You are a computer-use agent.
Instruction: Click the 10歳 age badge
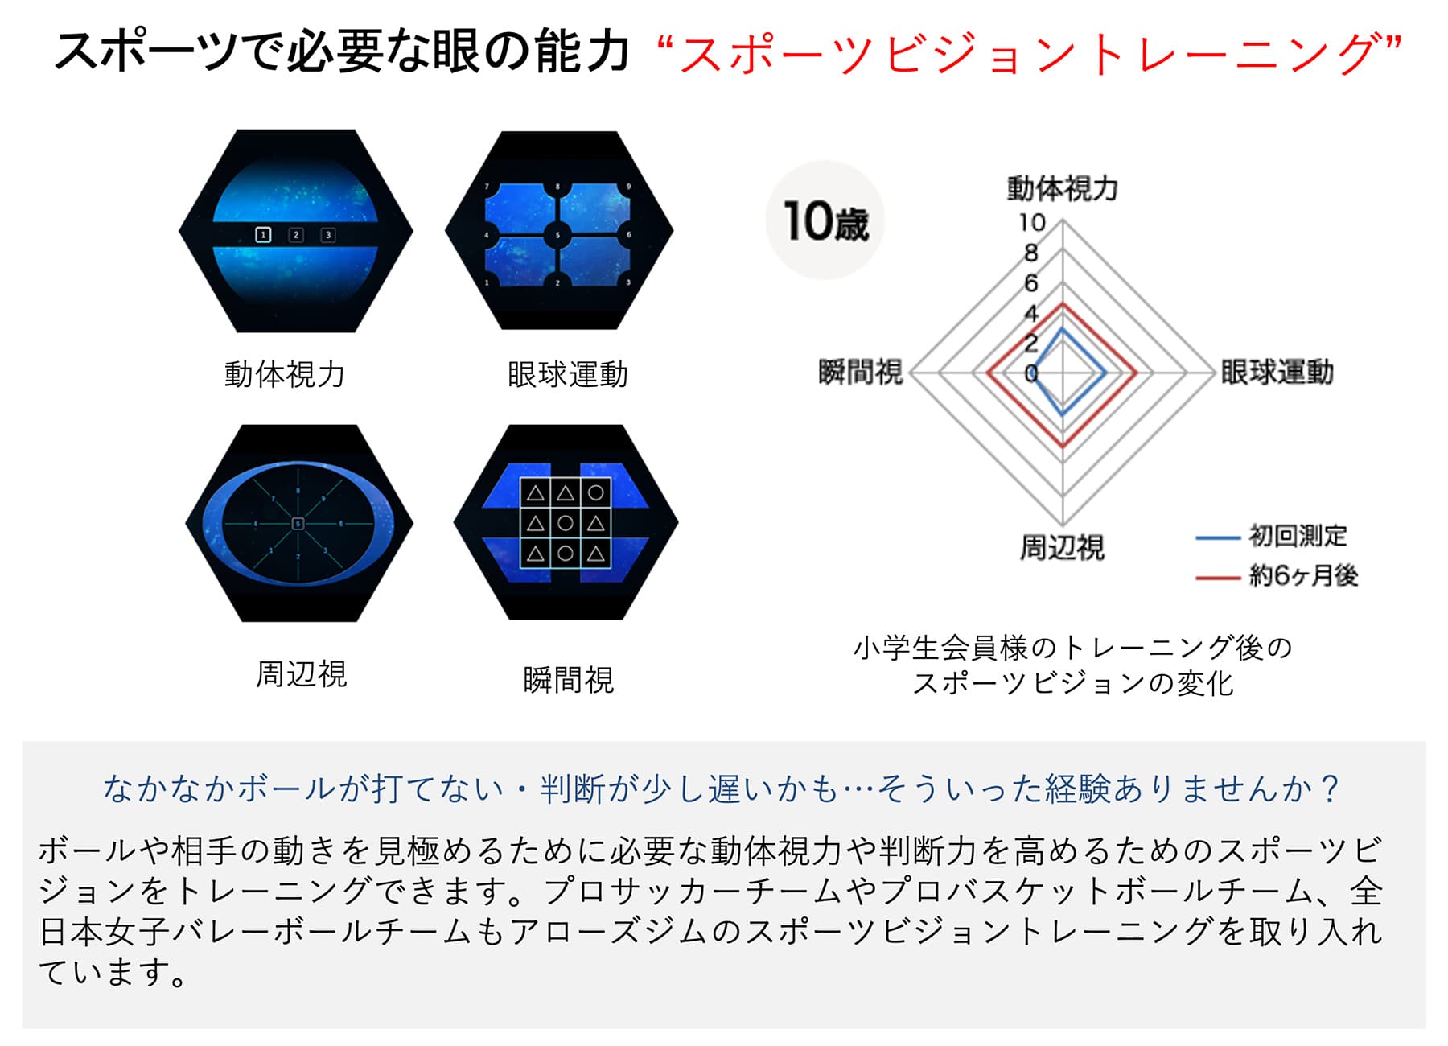(825, 220)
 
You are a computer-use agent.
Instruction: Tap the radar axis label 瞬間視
(861, 373)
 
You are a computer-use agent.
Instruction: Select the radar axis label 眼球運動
(1277, 373)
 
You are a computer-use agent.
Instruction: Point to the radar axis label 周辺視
(1062, 547)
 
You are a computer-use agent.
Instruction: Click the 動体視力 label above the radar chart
(1062, 188)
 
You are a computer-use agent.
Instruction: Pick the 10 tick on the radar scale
(1032, 222)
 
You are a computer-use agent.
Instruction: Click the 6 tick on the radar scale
(1031, 283)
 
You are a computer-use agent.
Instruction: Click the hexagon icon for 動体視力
(295, 231)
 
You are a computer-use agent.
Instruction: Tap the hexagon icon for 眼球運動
(558, 231)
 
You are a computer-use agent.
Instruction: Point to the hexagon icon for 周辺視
(298, 523)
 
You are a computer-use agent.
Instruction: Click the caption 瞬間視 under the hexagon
(568, 681)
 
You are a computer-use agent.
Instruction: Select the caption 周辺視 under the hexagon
(302, 674)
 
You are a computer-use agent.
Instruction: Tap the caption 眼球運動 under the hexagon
(568, 374)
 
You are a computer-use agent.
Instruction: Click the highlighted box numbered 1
(263, 235)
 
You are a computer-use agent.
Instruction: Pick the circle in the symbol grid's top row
(596, 492)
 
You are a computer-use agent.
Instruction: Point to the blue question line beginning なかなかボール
(722, 789)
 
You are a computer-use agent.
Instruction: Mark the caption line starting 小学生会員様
(1072, 648)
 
